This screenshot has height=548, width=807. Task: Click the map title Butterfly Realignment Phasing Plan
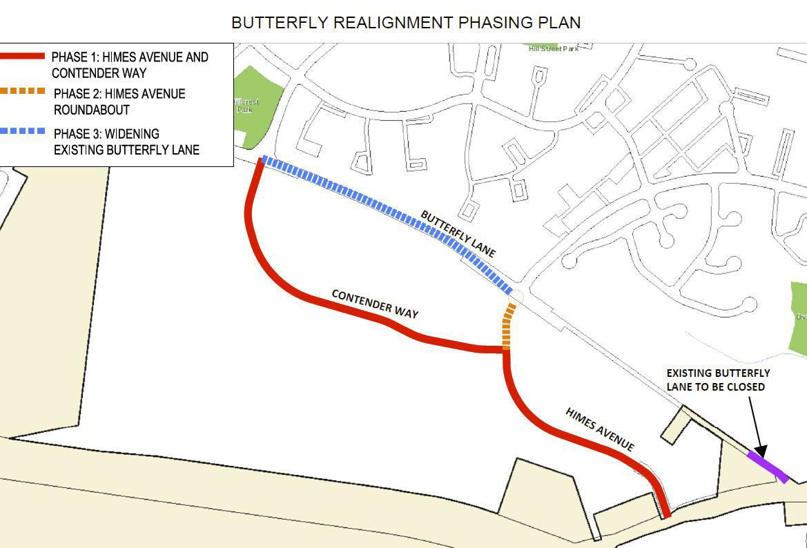click(405, 22)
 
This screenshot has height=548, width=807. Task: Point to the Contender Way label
click(375, 304)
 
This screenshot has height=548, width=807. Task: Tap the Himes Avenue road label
click(599, 429)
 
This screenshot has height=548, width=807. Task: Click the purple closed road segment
click(768, 466)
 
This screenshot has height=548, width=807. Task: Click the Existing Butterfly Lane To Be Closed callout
click(718, 380)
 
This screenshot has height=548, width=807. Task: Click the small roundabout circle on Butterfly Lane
click(516, 297)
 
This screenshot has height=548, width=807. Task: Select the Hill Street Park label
click(552, 48)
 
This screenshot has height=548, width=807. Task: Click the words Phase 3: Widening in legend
click(106, 133)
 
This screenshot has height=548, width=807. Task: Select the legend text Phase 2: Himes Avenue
click(119, 93)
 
